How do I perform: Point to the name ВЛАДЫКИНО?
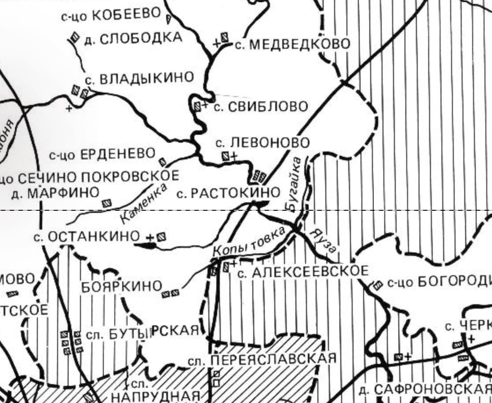coord(146,78)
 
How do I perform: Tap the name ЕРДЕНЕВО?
coord(118,154)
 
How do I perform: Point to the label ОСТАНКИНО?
coord(93,237)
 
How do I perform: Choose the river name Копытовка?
coord(249,243)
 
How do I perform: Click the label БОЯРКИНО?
coord(122,287)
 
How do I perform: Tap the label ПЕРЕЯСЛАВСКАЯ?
coord(273,359)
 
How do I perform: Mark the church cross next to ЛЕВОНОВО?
coord(234,155)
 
